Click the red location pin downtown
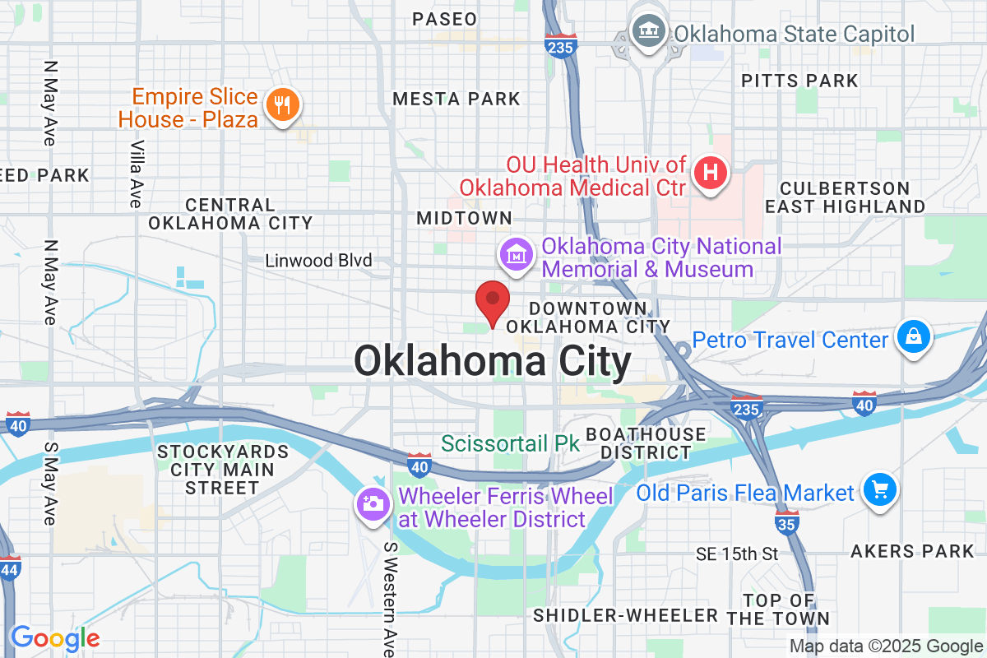493,301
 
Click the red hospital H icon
711,174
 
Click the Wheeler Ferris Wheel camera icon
373,503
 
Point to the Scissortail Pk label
510,443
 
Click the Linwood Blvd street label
318,261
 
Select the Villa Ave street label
136,173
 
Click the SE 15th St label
736,554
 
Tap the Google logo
55,637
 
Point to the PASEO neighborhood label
444,19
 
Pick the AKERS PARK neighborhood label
913,551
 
